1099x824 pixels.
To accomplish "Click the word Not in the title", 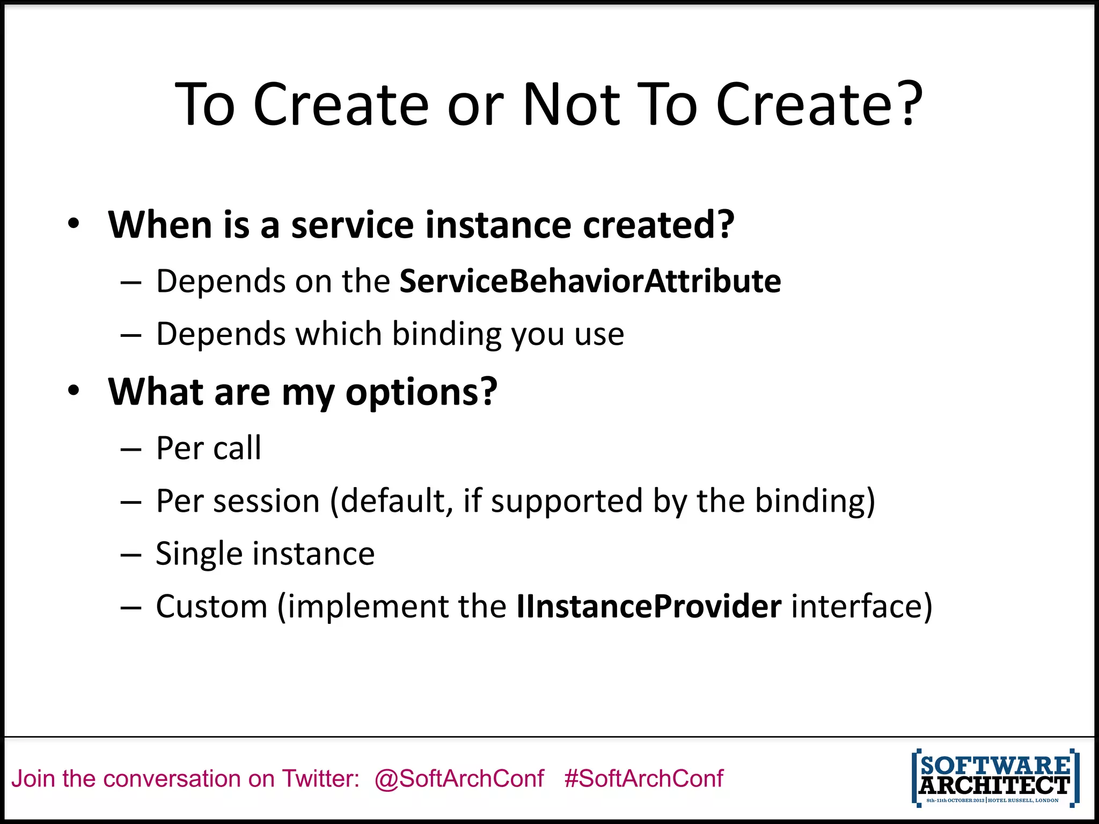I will tap(572, 105).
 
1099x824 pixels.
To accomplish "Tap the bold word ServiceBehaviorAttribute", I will tap(590, 281).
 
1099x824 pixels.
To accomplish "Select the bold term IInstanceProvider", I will tap(649, 607).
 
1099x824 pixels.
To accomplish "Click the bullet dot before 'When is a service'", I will tap(74, 224).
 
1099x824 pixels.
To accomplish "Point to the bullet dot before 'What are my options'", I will tap(74, 391).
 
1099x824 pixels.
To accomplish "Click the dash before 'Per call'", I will tap(130, 449).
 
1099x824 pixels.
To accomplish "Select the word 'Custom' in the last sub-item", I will tap(211, 607).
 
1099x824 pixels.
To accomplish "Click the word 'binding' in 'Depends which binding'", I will tap(446, 335).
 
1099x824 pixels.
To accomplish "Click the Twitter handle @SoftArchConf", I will tap(459, 778).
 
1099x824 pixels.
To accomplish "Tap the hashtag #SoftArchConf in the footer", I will tap(644, 778).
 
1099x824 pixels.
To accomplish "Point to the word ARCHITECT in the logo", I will tap(994, 785).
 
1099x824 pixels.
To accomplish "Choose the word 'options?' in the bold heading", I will tap(421, 392).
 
